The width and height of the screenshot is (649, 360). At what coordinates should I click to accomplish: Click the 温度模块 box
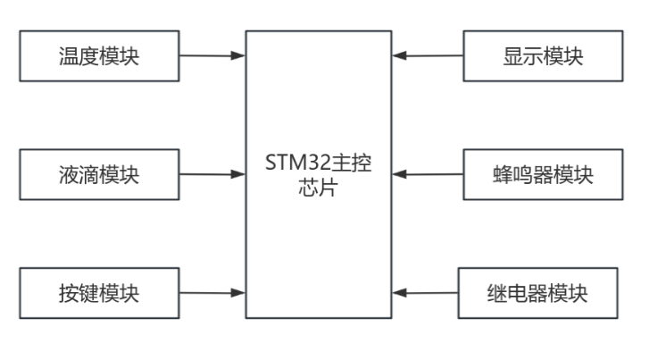pos(100,55)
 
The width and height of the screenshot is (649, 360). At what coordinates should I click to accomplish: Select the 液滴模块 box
pos(100,173)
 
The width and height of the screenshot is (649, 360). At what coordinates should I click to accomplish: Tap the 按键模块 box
pos(100,291)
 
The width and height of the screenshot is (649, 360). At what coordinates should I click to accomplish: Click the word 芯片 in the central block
pos(320,189)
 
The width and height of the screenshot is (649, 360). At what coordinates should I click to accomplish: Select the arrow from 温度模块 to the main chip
pos(212,55)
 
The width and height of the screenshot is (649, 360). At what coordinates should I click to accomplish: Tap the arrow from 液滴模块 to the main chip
pos(212,173)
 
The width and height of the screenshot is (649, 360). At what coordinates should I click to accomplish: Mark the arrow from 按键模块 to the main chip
pos(212,291)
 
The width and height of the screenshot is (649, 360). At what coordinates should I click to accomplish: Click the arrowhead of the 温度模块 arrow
pos(238,55)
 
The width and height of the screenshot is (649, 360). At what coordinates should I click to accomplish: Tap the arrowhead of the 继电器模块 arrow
pos(400,291)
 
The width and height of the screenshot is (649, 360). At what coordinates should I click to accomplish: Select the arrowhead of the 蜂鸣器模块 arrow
pos(400,173)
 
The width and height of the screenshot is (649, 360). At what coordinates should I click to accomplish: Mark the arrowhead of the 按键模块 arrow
pos(238,291)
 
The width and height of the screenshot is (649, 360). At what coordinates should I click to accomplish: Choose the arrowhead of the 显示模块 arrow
pos(400,55)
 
